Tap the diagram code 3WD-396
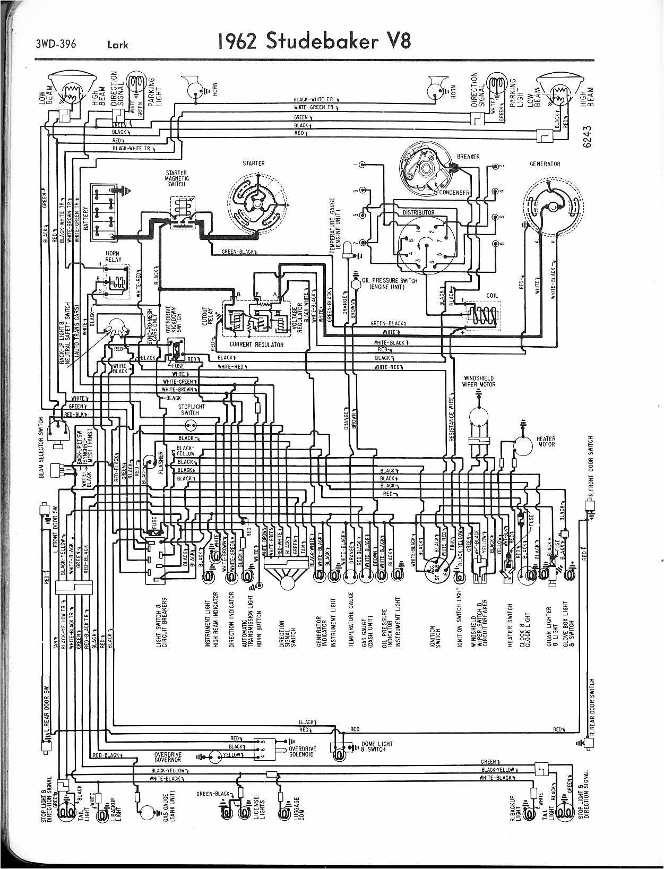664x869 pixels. click(x=56, y=44)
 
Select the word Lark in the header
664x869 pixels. click(x=117, y=45)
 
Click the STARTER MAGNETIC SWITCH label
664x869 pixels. click(x=176, y=178)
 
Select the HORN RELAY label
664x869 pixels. click(x=113, y=256)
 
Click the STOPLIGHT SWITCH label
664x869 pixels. click(x=189, y=409)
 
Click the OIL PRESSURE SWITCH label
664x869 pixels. click(x=389, y=283)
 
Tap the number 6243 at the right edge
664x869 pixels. click(x=587, y=138)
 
